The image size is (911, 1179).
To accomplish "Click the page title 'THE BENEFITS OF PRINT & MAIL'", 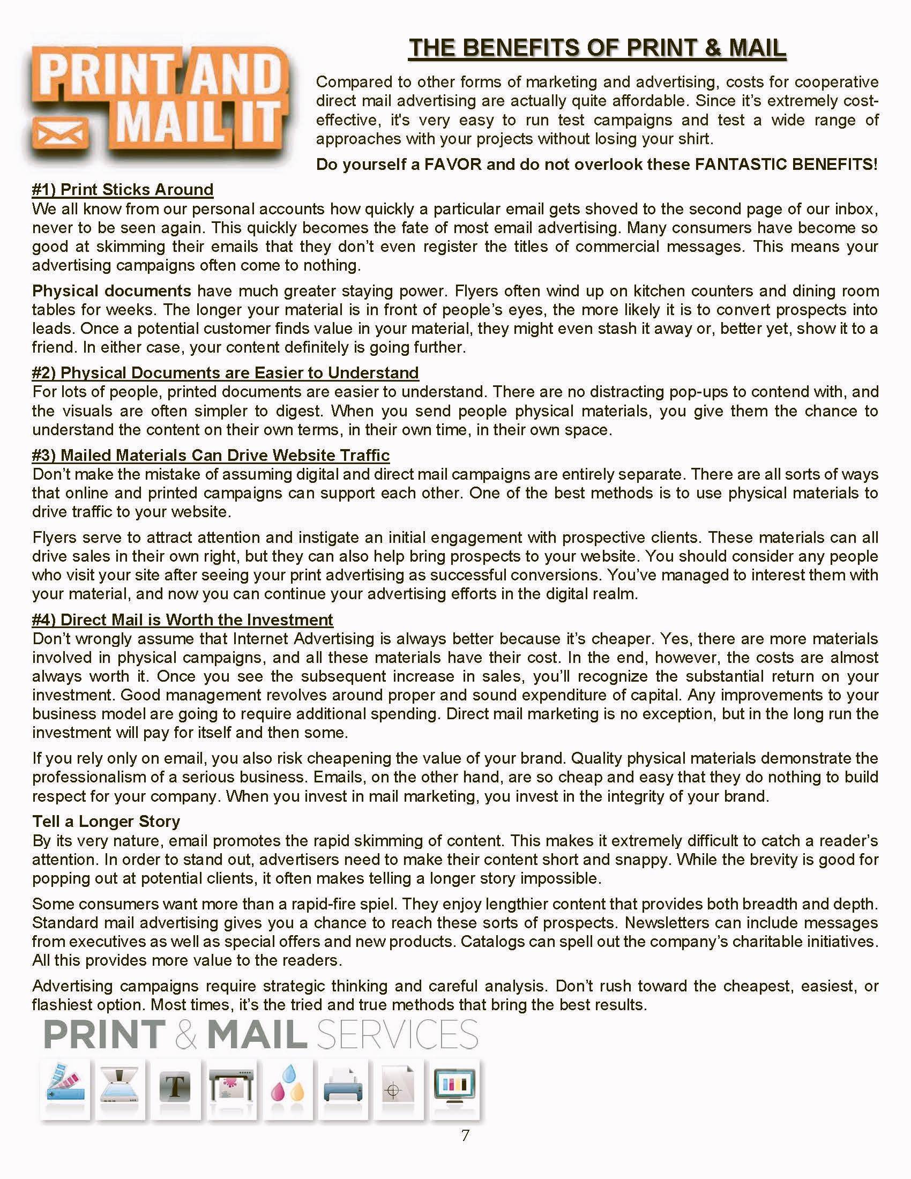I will pyautogui.click(x=597, y=48).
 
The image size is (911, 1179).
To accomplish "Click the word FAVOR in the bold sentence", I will pyautogui.click(x=452, y=164).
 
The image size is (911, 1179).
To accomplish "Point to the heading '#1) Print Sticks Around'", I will pyautogui.click(x=123, y=190).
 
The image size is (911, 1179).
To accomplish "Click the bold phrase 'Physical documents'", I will pyautogui.click(x=111, y=291).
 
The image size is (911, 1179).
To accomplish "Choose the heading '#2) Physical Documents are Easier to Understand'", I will pyautogui.click(x=225, y=372).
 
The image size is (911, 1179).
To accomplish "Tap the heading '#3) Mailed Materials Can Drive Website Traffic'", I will pyautogui.click(x=211, y=455).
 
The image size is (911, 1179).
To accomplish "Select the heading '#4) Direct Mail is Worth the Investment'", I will pyautogui.click(x=182, y=620).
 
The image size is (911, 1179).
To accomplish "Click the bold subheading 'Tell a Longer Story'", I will pyautogui.click(x=106, y=821).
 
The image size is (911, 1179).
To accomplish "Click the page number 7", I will pyautogui.click(x=465, y=1135).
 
